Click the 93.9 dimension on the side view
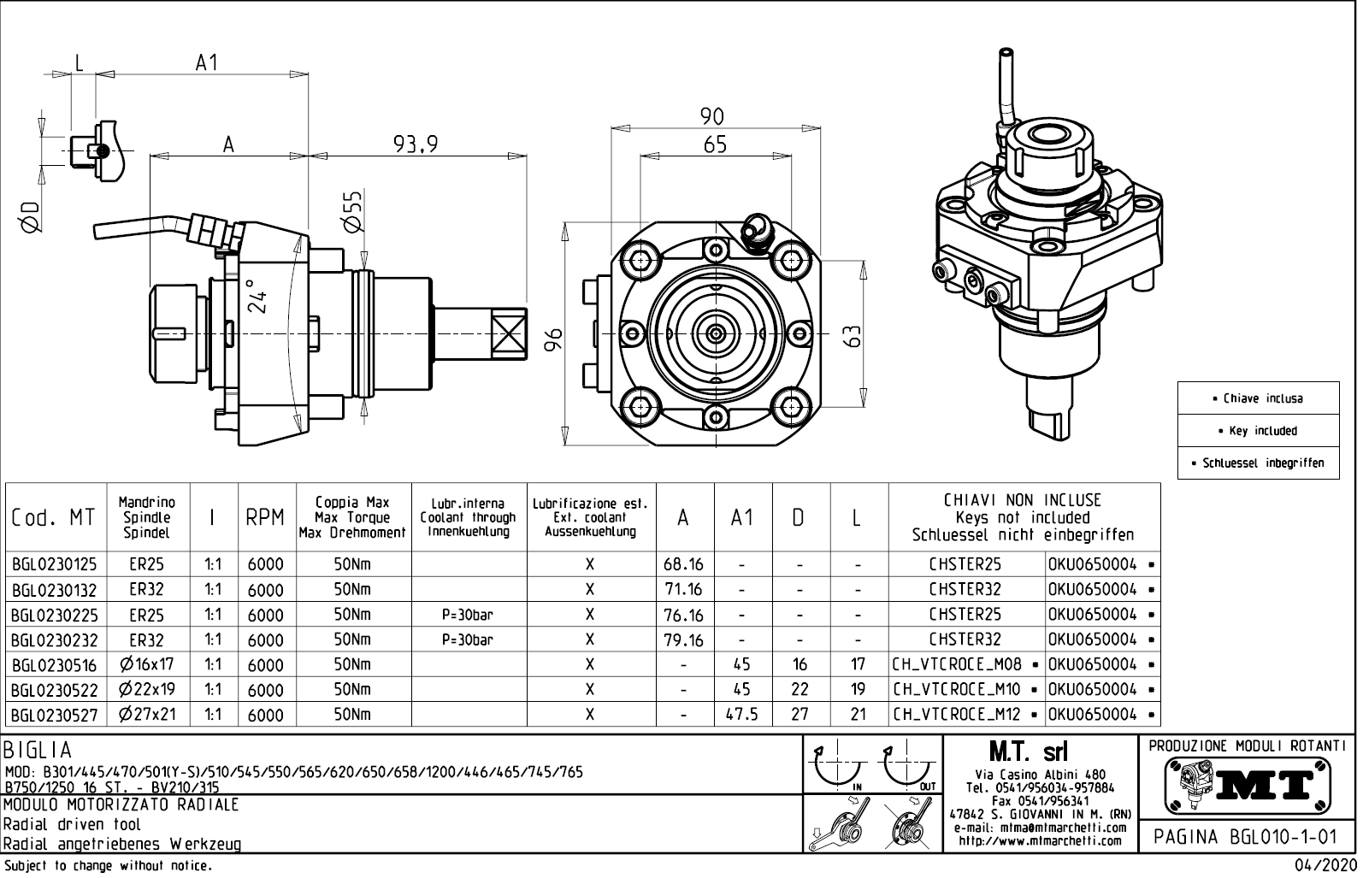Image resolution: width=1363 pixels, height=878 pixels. pos(416,144)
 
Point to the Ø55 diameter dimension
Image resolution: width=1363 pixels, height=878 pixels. pos(353,210)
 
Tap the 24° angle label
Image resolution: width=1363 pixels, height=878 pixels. pos(255,296)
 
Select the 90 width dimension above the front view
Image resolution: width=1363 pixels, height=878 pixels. pos(711,116)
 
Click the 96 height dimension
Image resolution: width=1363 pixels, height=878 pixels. pos(554,339)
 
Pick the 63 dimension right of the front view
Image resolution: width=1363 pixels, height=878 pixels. pos(852,335)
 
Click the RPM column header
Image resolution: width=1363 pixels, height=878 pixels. pos(265,517)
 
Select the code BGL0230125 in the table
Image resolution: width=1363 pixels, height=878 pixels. pos(55,564)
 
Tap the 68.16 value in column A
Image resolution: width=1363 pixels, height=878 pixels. pos(683,564)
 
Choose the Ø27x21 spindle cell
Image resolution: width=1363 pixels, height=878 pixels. pos(147,714)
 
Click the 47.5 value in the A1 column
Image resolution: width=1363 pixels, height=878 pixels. pos(742,714)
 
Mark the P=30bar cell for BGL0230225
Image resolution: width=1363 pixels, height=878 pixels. pos(468,615)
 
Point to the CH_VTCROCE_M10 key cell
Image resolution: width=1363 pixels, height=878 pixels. pos(957,689)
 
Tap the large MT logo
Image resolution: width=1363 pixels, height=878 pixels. pos(1248,784)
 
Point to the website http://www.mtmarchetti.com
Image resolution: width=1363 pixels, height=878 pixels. pos(1039,840)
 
